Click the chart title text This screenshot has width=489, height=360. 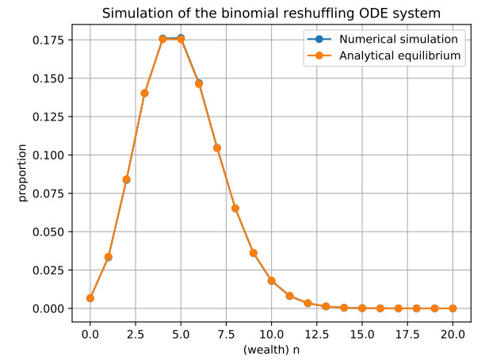(x=270, y=13)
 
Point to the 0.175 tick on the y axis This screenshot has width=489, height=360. (x=50, y=40)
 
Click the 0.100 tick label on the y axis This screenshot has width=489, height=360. (x=50, y=155)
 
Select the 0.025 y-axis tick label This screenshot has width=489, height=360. (x=50, y=270)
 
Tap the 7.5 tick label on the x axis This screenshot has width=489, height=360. (x=226, y=330)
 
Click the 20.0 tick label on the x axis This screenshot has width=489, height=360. (x=453, y=330)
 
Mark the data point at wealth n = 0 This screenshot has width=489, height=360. (x=90, y=298)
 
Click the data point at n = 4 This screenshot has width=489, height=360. (x=162, y=39)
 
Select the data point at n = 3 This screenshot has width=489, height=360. (x=144, y=93)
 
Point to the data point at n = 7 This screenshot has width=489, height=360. (x=217, y=147)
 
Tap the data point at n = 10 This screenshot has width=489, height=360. (x=271, y=281)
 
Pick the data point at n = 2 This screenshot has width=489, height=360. (x=126, y=179)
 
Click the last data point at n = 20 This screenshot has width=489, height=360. (x=453, y=308)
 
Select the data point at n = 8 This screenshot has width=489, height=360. (x=235, y=209)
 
